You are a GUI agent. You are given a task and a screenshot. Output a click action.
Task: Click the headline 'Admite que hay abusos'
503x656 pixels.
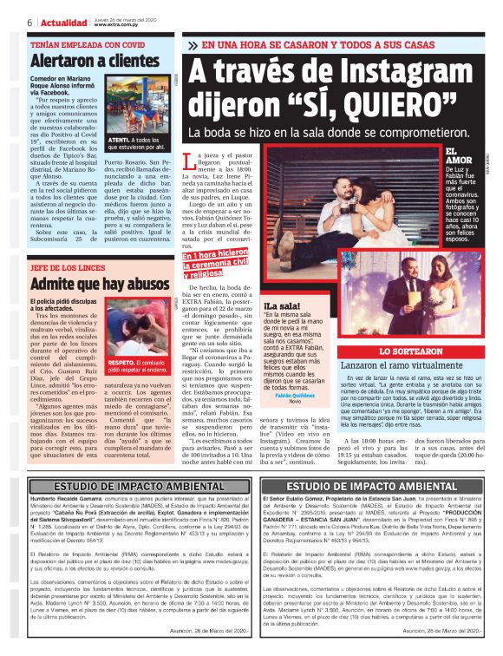pyautogui.click(x=98, y=285)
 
